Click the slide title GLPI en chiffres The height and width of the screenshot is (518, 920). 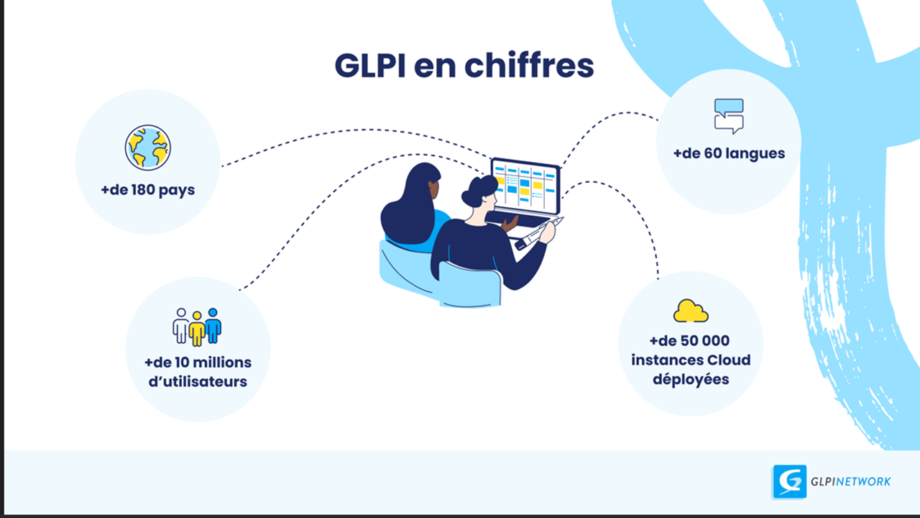point(464,65)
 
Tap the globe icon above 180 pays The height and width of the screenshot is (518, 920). point(147,147)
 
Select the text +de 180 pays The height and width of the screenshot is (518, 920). point(148,191)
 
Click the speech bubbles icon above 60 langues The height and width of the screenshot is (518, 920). point(728,116)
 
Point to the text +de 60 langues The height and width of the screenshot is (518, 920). point(729,153)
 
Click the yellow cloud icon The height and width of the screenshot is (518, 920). point(691,311)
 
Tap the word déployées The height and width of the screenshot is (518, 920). point(691,379)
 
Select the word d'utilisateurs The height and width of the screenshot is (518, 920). point(198,381)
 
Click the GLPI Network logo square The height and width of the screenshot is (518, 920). point(789,481)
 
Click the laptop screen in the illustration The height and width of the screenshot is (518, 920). point(525,186)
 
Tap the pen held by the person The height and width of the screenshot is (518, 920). point(538,232)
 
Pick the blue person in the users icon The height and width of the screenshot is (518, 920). point(213,325)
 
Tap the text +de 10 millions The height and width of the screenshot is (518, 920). point(198,362)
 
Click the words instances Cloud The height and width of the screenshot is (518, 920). point(691,360)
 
